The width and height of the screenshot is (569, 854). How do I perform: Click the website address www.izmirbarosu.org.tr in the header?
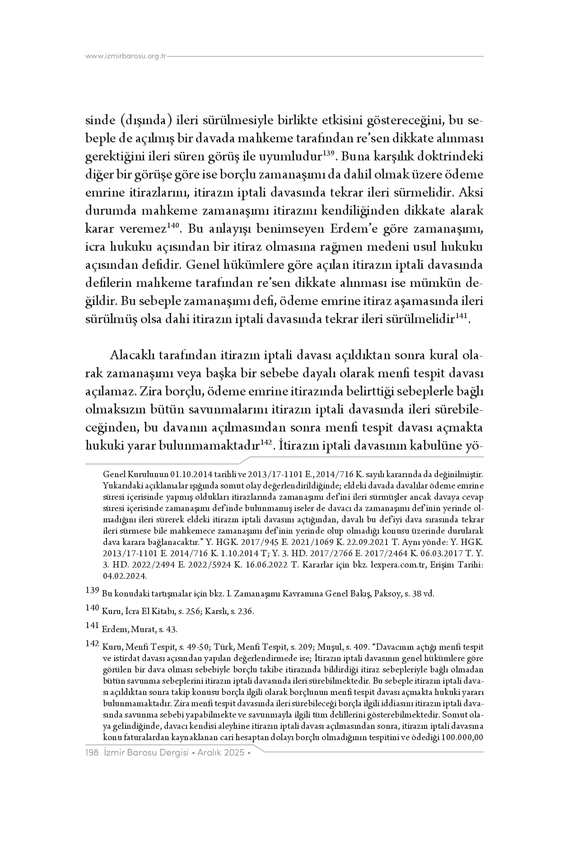tap(126, 56)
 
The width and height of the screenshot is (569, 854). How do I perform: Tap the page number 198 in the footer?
tap(92, 753)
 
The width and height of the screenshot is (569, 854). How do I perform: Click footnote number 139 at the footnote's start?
tap(92, 590)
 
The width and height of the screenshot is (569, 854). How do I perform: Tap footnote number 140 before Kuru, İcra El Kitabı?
tap(92, 608)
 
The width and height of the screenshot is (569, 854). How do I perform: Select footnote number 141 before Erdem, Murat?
tap(92, 626)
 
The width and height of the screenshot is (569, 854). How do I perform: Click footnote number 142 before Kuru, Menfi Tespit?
tap(92, 643)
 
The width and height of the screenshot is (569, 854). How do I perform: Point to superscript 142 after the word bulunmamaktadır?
tap(265, 442)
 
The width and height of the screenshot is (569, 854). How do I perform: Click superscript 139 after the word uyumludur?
tap(328, 154)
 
